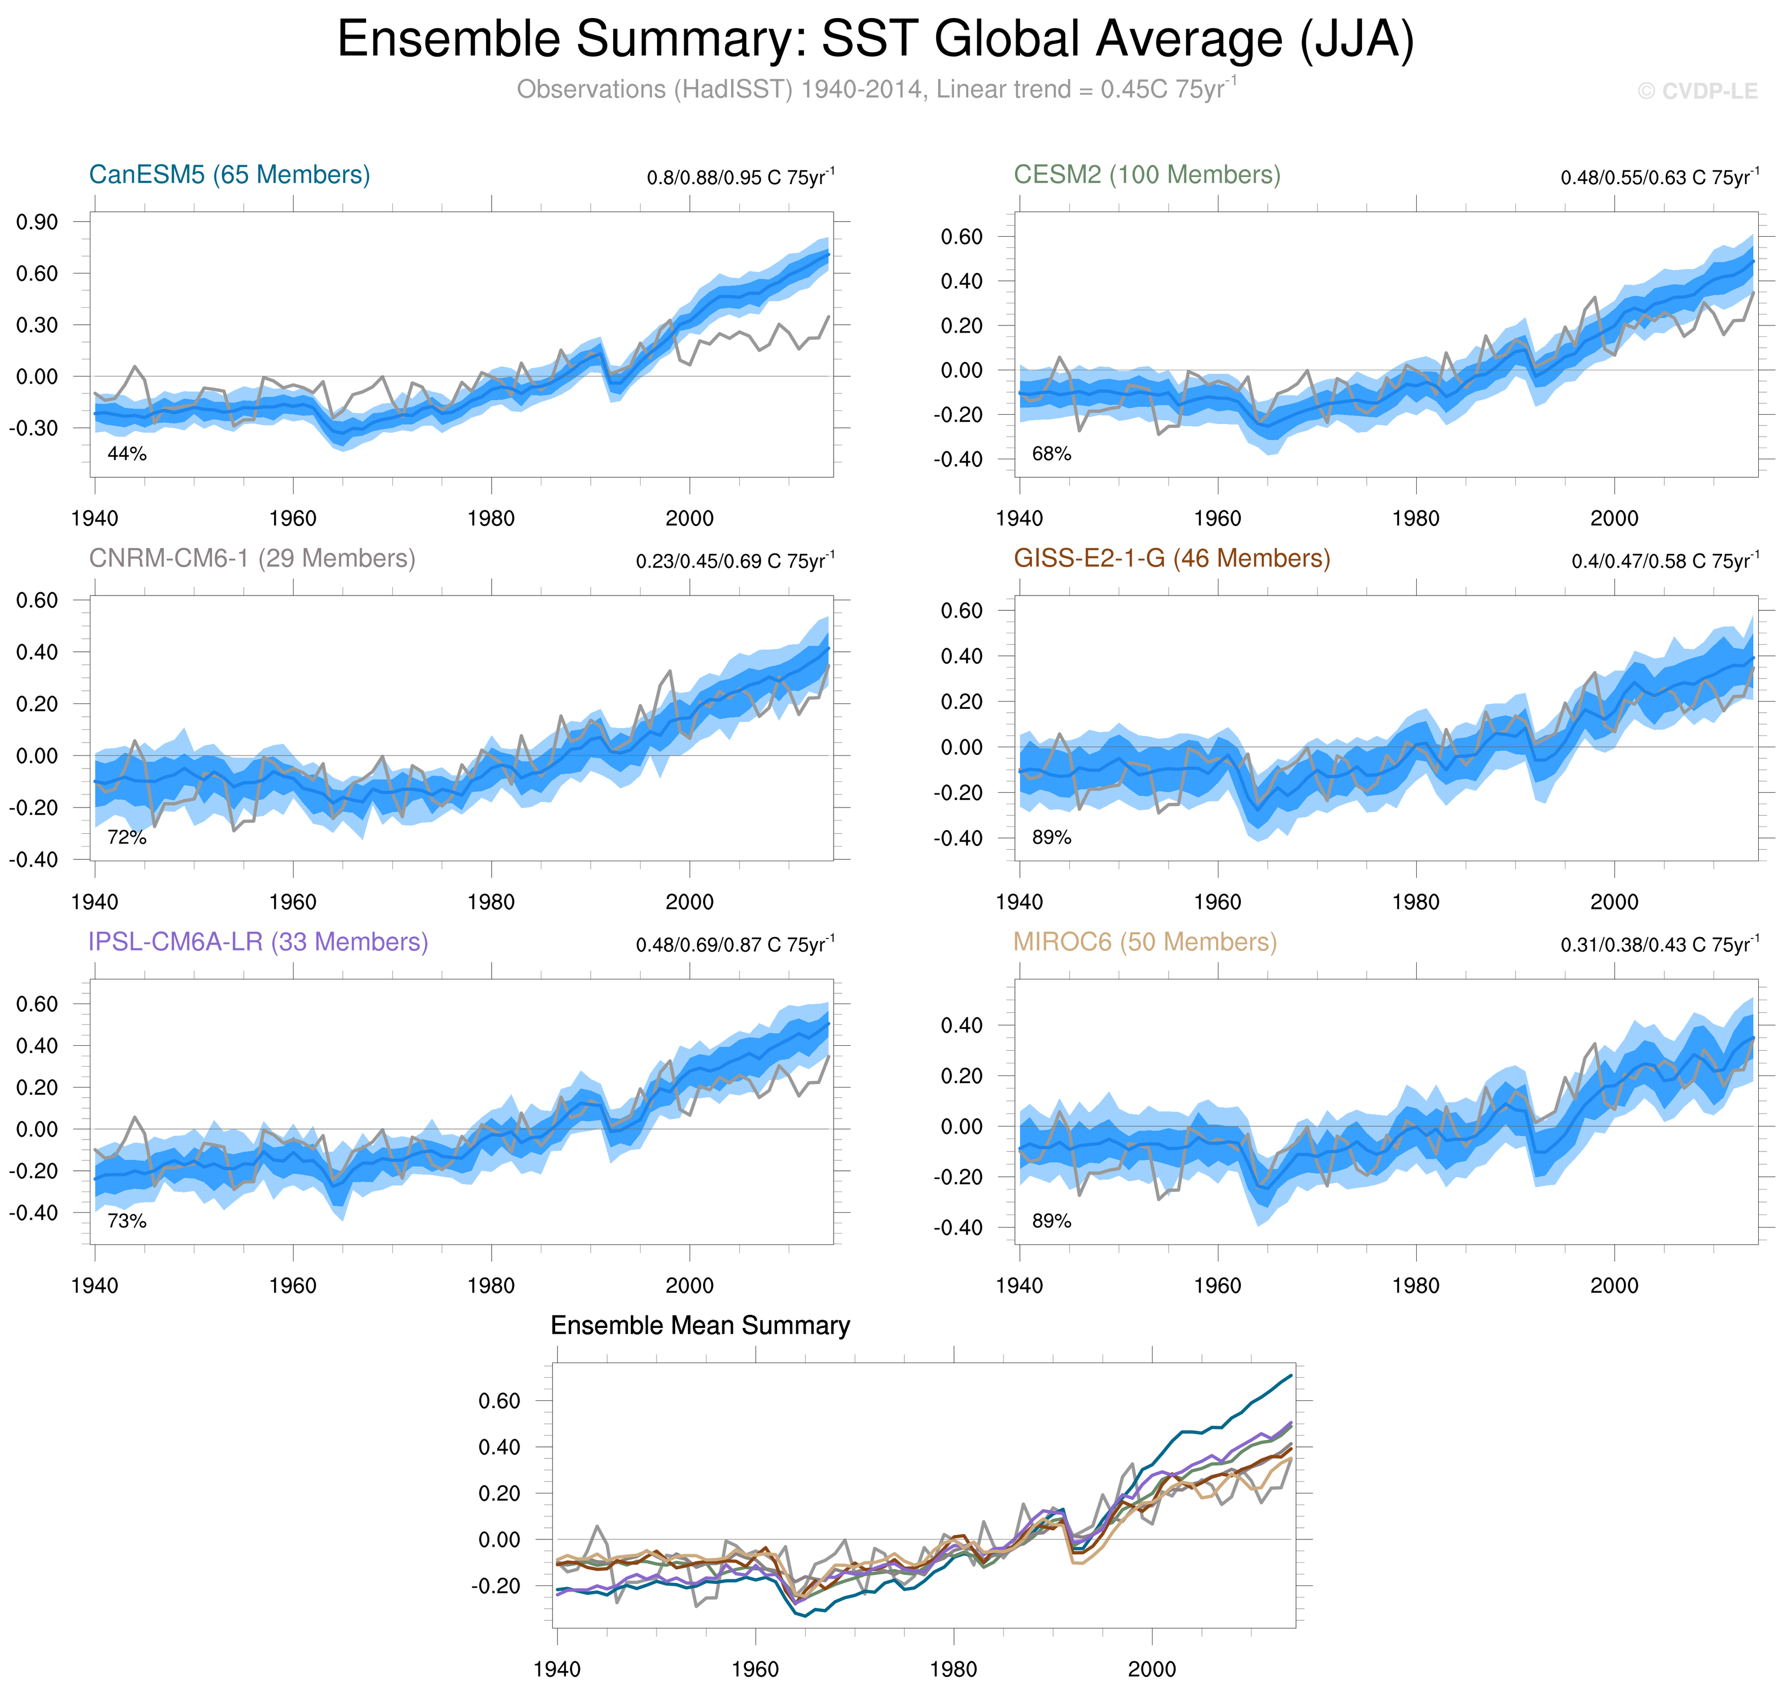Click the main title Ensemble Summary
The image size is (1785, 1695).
[875, 40]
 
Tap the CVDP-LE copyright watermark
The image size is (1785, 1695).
[1697, 91]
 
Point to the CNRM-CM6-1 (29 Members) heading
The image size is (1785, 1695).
[252, 558]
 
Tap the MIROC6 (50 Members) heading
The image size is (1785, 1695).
[1145, 942]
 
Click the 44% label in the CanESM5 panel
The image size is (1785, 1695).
[127, 454]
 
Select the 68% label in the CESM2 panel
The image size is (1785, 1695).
[1051, 454]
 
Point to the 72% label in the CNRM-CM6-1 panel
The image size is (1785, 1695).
[127, 838]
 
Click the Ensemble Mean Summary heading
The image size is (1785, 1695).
[700, 1325]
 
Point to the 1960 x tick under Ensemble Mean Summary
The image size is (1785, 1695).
[755, 1669]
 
